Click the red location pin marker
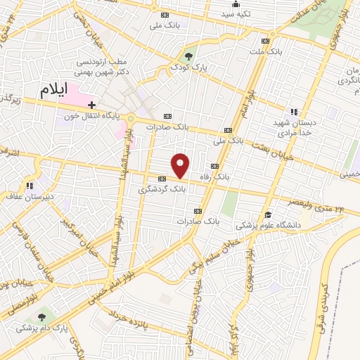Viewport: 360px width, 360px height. pos(181,165)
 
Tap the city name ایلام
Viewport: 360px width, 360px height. pos(56,91)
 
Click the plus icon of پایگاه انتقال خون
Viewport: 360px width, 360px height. pos(91,104)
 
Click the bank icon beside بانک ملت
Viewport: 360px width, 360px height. pos(264,40)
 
